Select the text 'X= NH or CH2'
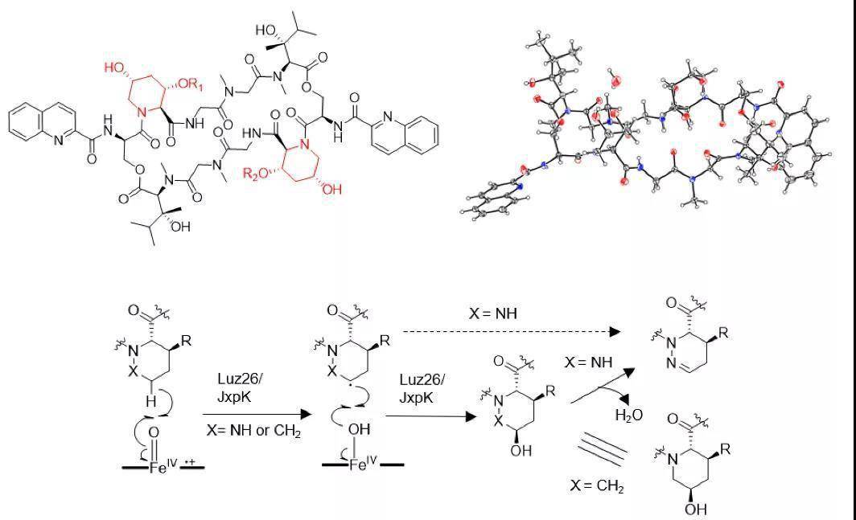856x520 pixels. (253, 432)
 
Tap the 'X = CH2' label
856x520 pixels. (596, 486)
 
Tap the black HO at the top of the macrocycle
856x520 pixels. (266, 30)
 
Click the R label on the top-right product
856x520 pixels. (725, 331)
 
